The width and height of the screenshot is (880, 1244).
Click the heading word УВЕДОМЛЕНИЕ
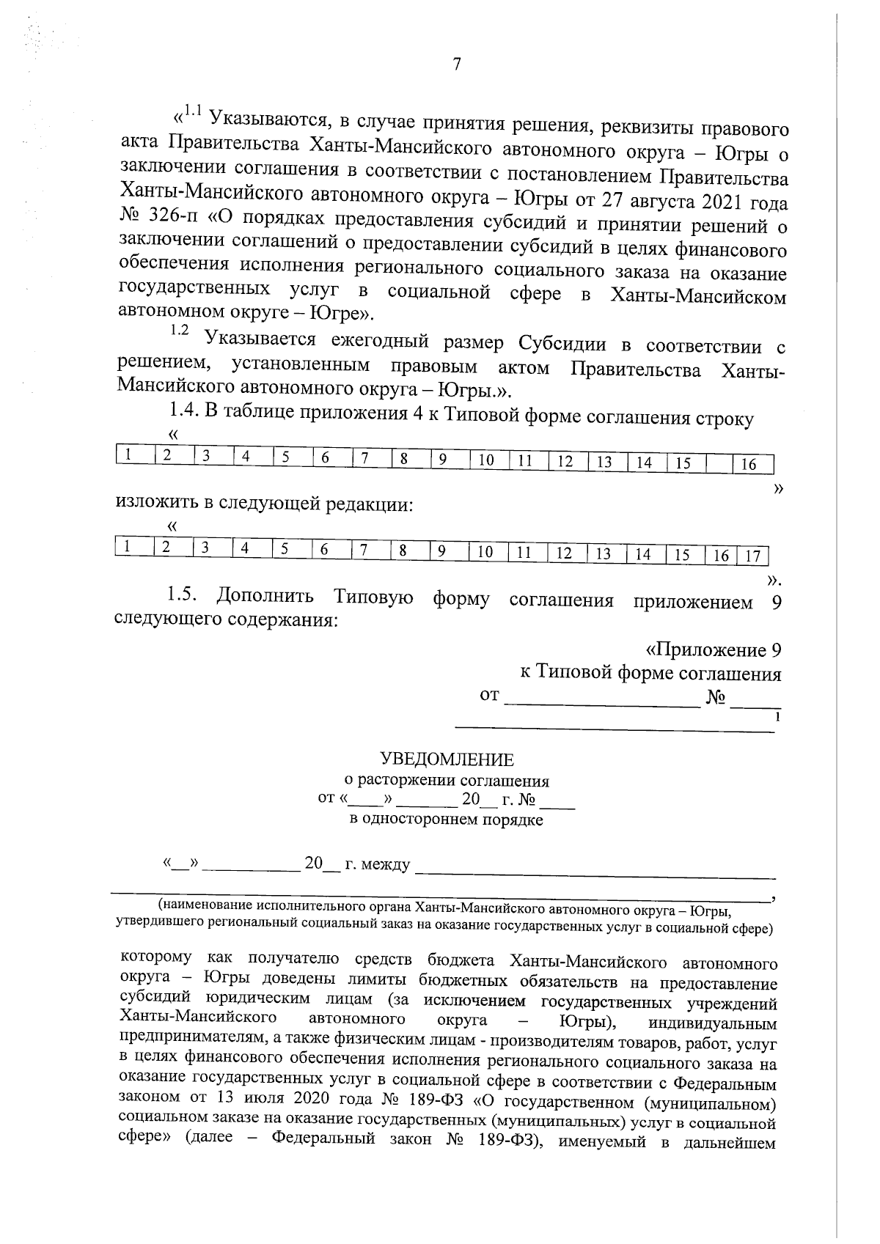coord(447,760)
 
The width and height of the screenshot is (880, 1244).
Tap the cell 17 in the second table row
coord(752,556)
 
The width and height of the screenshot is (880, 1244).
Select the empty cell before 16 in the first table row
coord(719,463)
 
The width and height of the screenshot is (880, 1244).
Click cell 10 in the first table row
coord(485,460)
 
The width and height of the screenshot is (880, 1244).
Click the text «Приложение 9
coord(712,650)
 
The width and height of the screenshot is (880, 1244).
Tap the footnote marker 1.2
coord(179,331)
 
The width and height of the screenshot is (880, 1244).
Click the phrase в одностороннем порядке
coord(446,820)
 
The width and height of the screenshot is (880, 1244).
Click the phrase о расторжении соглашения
coord(447,781)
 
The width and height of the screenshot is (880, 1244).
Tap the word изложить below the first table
coord(156,504)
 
